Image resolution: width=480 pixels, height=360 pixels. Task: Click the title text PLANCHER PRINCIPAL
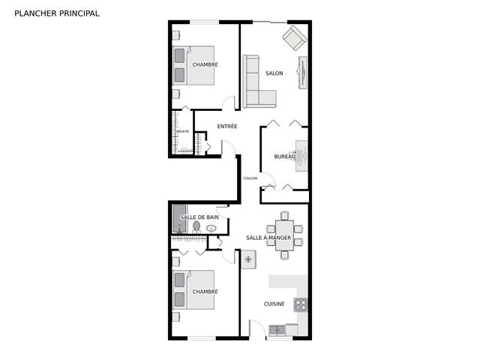(x=56, y=13)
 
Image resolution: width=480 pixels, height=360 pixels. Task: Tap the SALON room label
(x=274, y=73)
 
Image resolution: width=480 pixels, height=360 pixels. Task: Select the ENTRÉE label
(x=227, y=126)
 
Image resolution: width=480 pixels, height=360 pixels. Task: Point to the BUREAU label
(x=283, y=157)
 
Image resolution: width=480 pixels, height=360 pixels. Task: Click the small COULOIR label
(x=250, y=178)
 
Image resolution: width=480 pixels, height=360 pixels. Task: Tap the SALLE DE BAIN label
(x=199, y=217)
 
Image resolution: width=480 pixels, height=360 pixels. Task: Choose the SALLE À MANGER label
(x=268, y=238)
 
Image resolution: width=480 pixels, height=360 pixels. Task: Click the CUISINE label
(x=274, y=304)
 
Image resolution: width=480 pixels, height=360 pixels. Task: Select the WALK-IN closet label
(x=182, y=132)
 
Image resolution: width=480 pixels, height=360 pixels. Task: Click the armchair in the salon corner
(x=294, y=37)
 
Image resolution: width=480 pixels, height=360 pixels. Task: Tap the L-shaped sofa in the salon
(x=255, y=82)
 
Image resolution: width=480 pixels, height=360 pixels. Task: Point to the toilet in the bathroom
(x=196, y=226)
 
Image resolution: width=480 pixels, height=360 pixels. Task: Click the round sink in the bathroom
(x=211, y=228)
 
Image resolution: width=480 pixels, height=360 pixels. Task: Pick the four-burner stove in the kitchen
(x=300, y=304)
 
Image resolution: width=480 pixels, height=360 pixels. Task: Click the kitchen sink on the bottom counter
(x=277, y=329)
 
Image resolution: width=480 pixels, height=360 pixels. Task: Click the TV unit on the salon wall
(x=302, y=73)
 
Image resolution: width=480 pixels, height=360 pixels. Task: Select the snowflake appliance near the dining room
(x=249, y=259)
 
